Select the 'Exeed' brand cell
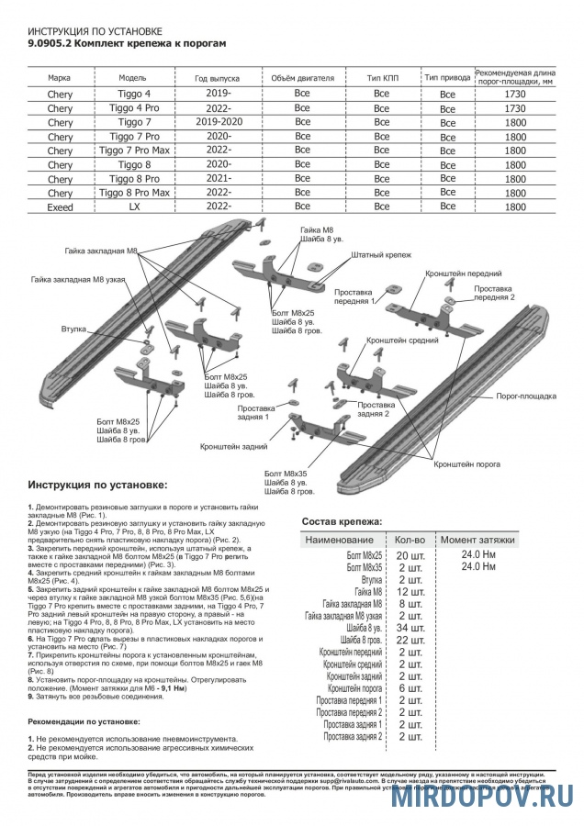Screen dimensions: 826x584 60,207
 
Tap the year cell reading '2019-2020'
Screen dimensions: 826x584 219,121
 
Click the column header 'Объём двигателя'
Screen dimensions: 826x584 302,78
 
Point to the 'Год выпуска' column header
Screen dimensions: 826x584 219,78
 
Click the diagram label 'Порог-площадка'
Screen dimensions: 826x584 526,396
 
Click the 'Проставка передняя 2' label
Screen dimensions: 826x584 507,293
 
